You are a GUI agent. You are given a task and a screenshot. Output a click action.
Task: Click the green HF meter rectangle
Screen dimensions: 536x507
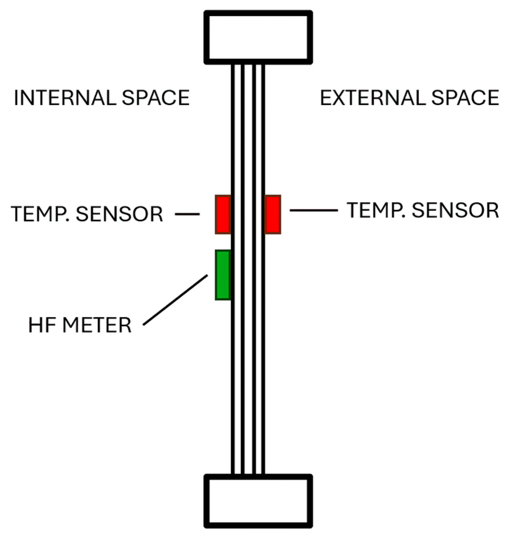[x=223, y=275]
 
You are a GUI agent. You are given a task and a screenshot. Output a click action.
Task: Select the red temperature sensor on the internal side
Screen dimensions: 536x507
[x=223, y=214]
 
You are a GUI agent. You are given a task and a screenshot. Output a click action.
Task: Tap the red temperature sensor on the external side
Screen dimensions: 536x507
[x=273, y=214]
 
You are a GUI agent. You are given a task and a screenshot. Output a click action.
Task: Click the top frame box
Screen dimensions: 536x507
[x=258, y=37]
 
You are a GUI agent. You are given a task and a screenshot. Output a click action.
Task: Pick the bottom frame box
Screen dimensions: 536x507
[x=258, y=501]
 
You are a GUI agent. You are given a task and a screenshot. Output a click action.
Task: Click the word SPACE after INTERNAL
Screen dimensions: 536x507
[x=156, y=98]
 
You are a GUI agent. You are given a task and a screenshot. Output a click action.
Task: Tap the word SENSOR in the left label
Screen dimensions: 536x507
[x=119, y=214]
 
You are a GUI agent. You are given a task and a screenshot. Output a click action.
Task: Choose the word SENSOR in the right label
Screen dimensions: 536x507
[x=455, y=210]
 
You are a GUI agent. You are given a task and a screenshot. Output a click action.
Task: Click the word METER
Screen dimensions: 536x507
[x=97, y=325]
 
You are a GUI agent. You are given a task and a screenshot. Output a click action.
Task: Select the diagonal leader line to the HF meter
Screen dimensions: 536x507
[x=175, y=300]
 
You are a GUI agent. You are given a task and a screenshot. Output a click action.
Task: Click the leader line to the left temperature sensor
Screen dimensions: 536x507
[x=187, y=214]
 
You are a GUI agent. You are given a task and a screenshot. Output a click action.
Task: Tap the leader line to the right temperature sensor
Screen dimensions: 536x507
[x=313, y=210]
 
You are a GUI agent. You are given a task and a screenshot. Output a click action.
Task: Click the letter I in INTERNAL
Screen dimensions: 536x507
[x=16, y=98]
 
